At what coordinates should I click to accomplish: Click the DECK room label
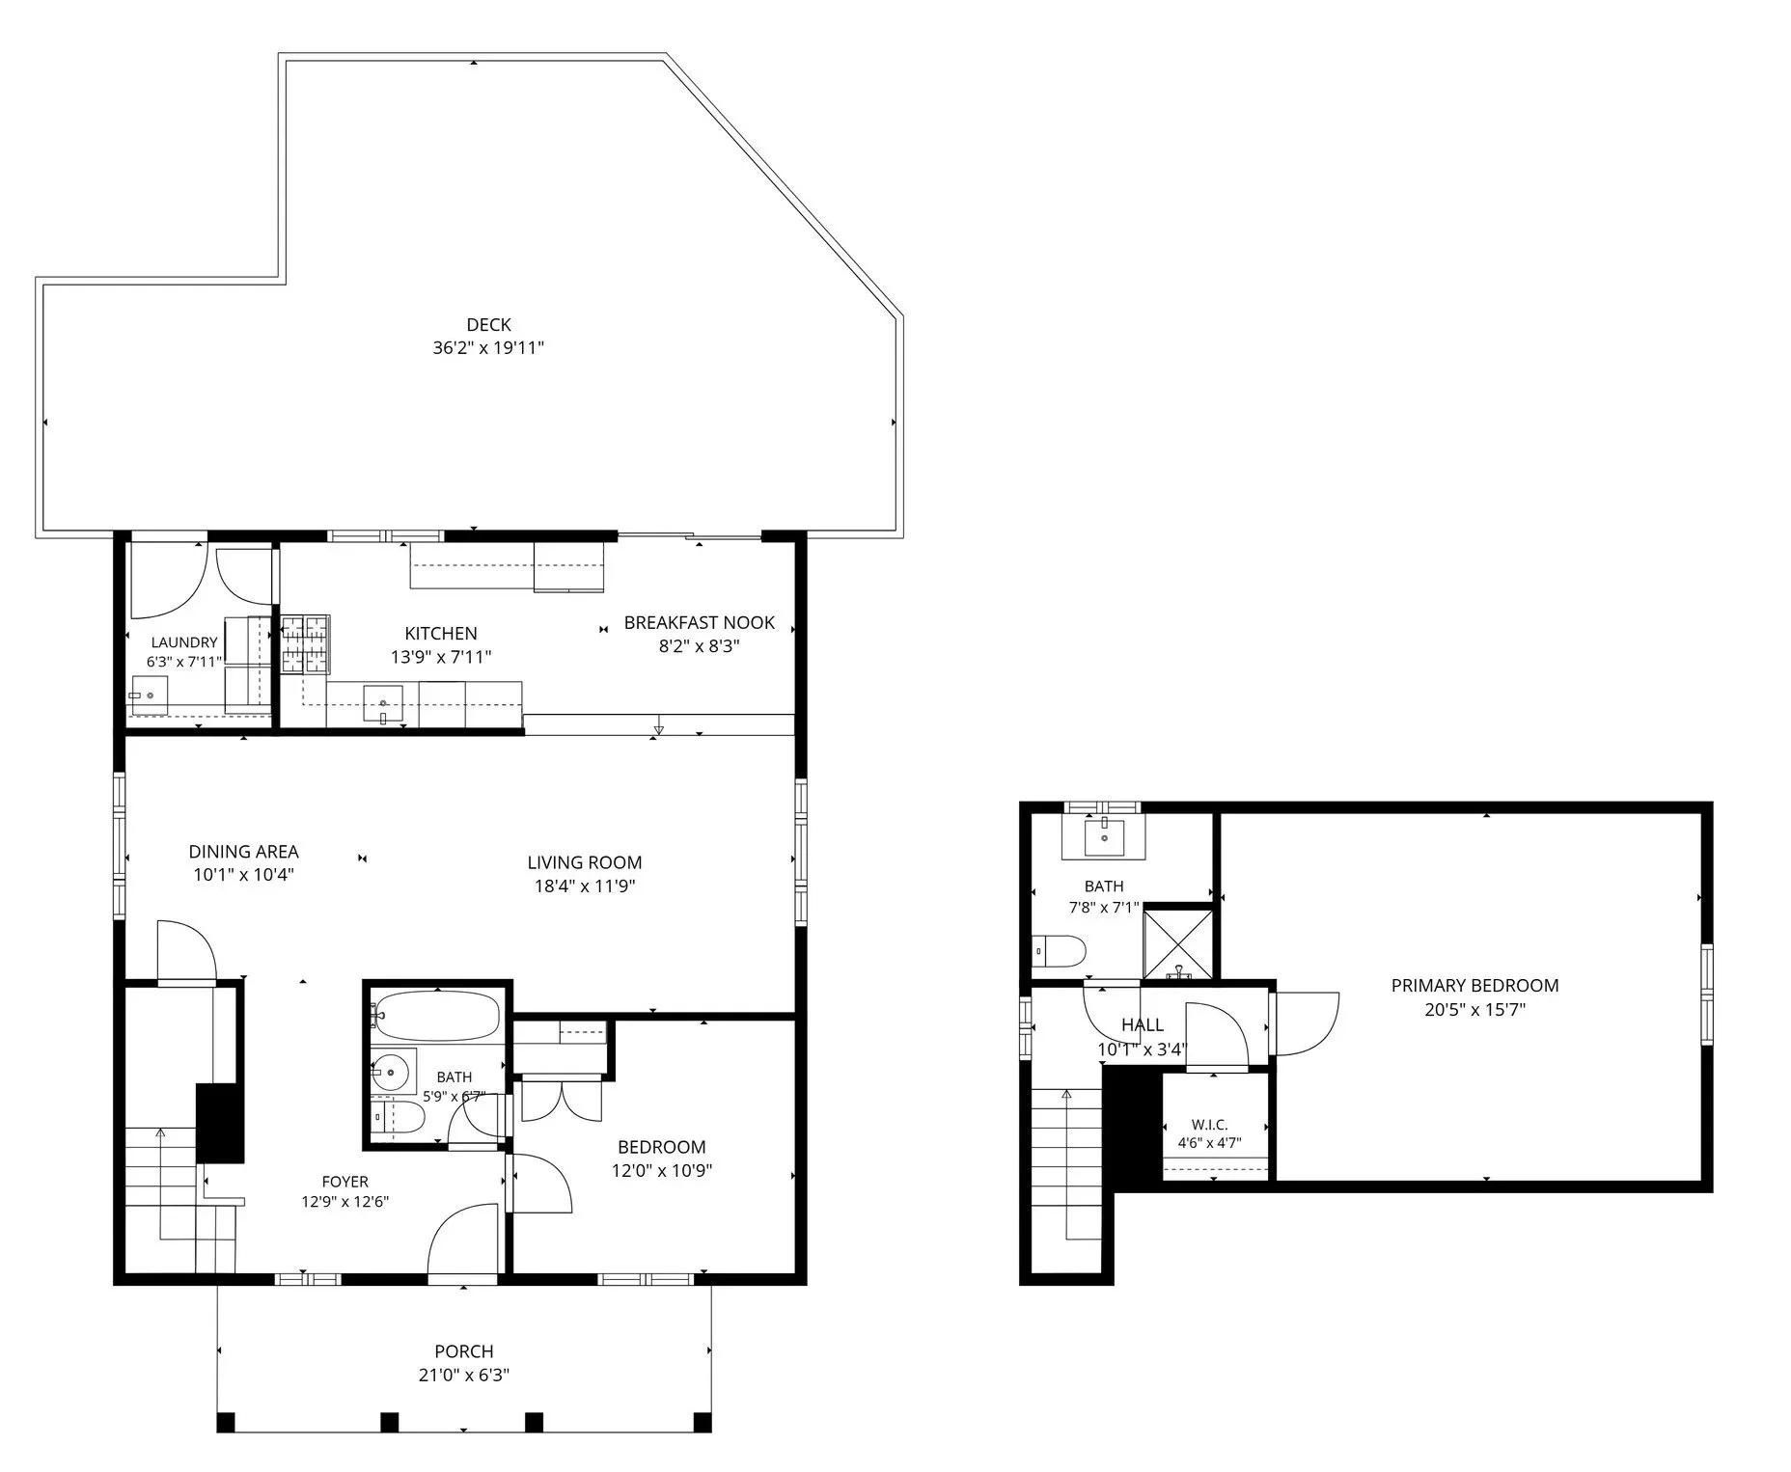coord(488,325)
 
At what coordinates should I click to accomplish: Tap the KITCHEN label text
coord(441,634)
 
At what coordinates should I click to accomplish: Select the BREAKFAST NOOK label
coord(700,623)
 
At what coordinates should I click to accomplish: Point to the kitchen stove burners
coord(306,643)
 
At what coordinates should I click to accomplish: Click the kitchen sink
coord(384,703)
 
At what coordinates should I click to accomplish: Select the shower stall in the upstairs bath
coord(1177,942)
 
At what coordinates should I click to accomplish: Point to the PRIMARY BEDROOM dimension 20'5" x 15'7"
coord(1474,1010)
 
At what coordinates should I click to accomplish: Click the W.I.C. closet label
coord(1209,1125)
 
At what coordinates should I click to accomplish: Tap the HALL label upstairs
coord(1143,1024)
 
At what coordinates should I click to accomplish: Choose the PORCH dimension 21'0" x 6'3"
coord(464,1375)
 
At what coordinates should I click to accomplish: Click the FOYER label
coord(344,1182)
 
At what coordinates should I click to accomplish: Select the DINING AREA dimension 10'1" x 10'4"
coord(243,875)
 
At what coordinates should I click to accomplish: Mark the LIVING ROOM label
coord(585,862)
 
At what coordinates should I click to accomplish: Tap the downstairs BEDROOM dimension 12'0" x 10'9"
coord(662,1171)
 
